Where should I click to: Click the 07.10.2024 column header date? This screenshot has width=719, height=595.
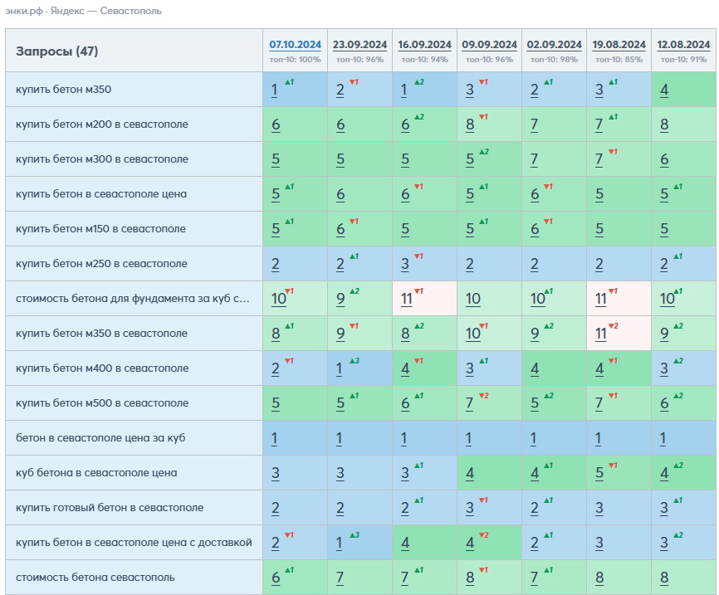295,45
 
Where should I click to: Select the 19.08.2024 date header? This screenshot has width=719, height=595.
619,45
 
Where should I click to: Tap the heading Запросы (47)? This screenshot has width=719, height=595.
56,51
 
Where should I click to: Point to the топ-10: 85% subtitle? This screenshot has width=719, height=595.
619,60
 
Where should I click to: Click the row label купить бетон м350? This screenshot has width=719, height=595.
63,90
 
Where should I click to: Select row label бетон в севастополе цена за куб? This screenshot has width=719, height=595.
100,438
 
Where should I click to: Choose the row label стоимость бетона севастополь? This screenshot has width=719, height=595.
95,577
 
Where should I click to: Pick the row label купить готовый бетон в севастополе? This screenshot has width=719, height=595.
110,507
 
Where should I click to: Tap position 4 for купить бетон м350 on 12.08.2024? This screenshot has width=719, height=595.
664,90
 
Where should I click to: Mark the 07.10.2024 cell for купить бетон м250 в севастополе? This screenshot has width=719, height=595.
275,264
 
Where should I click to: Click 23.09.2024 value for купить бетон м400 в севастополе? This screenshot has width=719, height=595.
339,368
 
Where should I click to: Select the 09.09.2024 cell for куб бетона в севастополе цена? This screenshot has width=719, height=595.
470,473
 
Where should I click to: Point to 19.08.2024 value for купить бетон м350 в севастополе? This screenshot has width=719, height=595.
601,334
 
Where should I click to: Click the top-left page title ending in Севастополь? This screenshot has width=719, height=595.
84,11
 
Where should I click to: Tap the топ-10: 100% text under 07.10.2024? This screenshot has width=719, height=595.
295,60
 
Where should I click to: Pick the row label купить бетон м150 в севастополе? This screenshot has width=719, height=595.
101,229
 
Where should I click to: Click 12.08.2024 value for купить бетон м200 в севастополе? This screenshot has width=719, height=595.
664,124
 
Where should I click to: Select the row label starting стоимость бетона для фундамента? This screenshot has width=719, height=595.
133,299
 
